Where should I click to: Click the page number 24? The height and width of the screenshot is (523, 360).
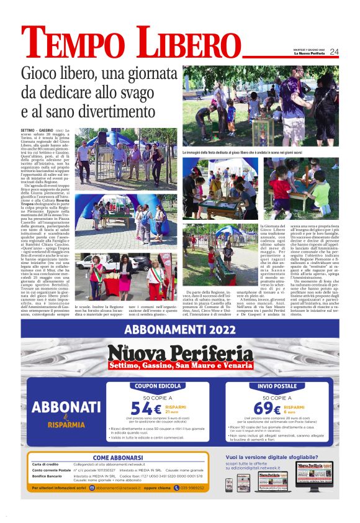point(334,52)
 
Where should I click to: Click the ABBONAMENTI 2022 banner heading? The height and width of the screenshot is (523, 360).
point(180,329)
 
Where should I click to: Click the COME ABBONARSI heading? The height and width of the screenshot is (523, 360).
point(117,458)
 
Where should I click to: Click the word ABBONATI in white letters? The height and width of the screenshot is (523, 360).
point(66,407)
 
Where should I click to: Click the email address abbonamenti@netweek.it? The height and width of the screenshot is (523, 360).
point(122,488)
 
